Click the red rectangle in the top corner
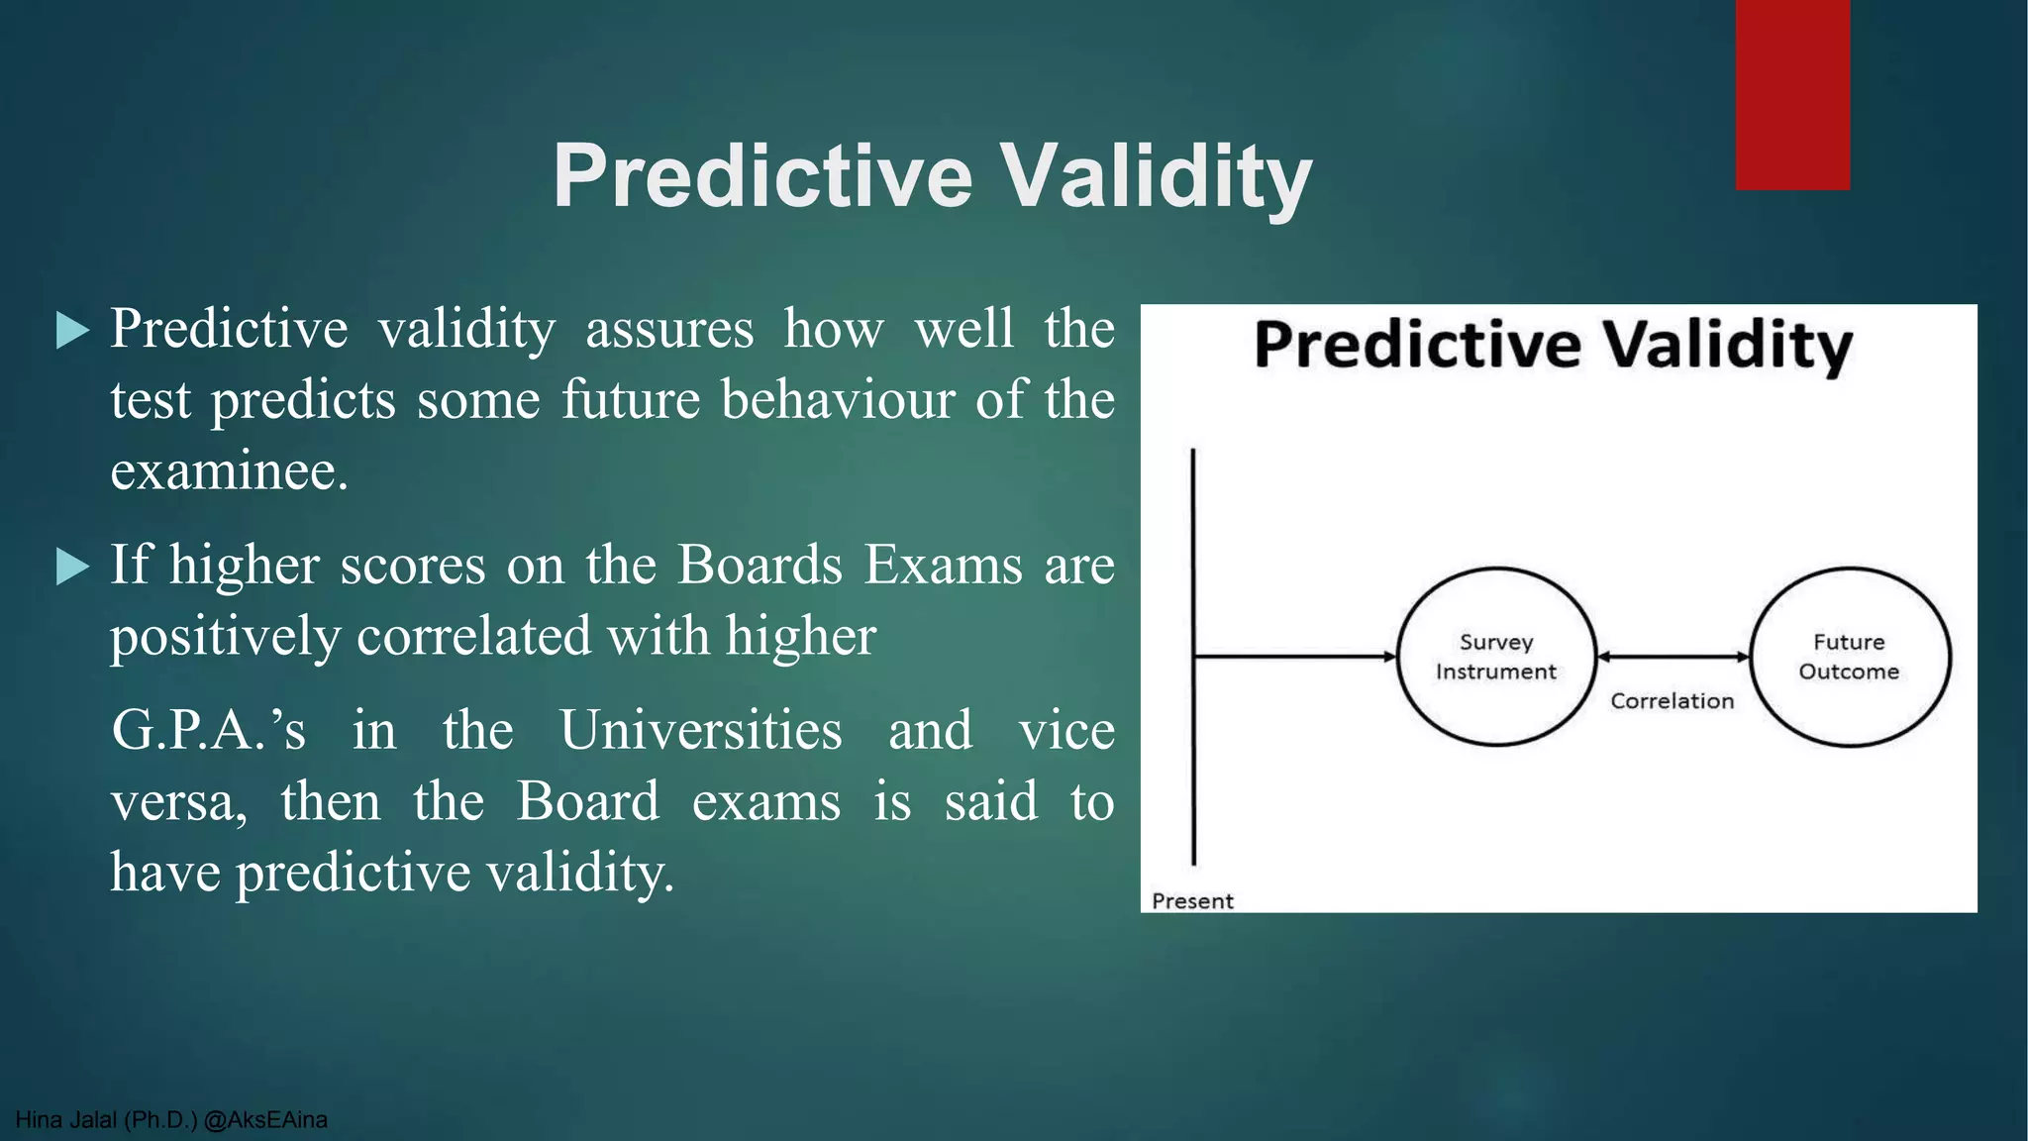[x=1791, y=94]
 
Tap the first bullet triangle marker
[x=72, y=330]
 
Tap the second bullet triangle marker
[x=72, y=567]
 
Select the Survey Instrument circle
[x=1495, y=657]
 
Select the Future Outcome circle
[x=1849, y=657]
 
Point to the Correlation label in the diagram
[x=1672, y=701]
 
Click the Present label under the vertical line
[x=1192, y=901]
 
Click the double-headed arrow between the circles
[x=1673, y=657]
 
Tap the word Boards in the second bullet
[x=760, y=566]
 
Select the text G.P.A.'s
[x=209, y=731]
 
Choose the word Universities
[x=701, y=731]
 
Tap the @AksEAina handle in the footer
[x=265, y=1120]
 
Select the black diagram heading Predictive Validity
[x=1553, y=346]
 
